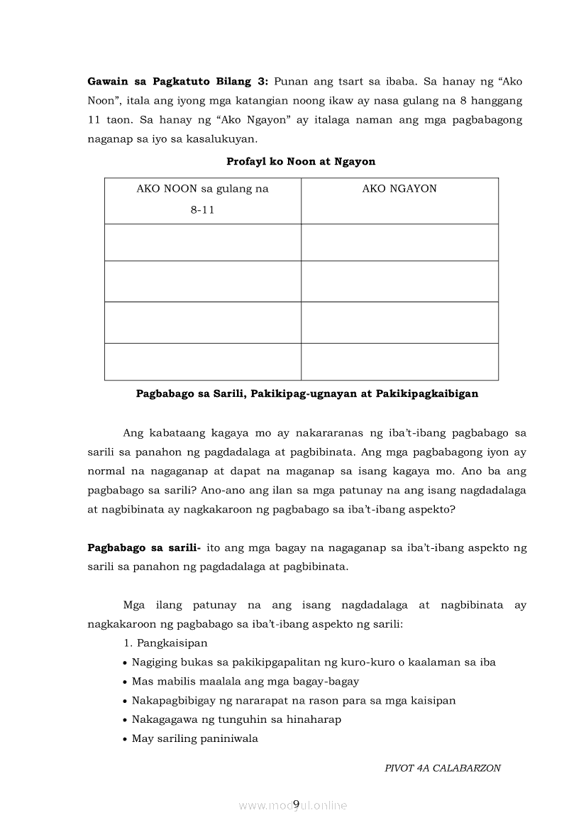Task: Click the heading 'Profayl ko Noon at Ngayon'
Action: (x=301, y=161)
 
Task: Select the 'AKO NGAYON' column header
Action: (x=399, y=189)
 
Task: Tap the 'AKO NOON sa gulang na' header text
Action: (x=202, y=189)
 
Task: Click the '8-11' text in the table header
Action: (x=202, y=211)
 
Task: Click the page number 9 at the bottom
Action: (x=296, y=803)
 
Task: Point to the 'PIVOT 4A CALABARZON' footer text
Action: (x=442, y=768)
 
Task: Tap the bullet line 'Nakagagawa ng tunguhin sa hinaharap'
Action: (x=236, y=719)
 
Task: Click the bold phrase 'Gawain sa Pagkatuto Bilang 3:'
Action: (x=177, y=82)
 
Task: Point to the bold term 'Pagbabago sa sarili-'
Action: (x=144, y=548)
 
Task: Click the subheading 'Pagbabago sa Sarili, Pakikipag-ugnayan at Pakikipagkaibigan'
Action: (x=306, y=393)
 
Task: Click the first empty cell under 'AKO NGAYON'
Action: (x=399, y=242)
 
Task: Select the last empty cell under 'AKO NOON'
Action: (x=202, y=361)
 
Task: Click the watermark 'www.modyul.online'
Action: (x=293, y=805)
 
